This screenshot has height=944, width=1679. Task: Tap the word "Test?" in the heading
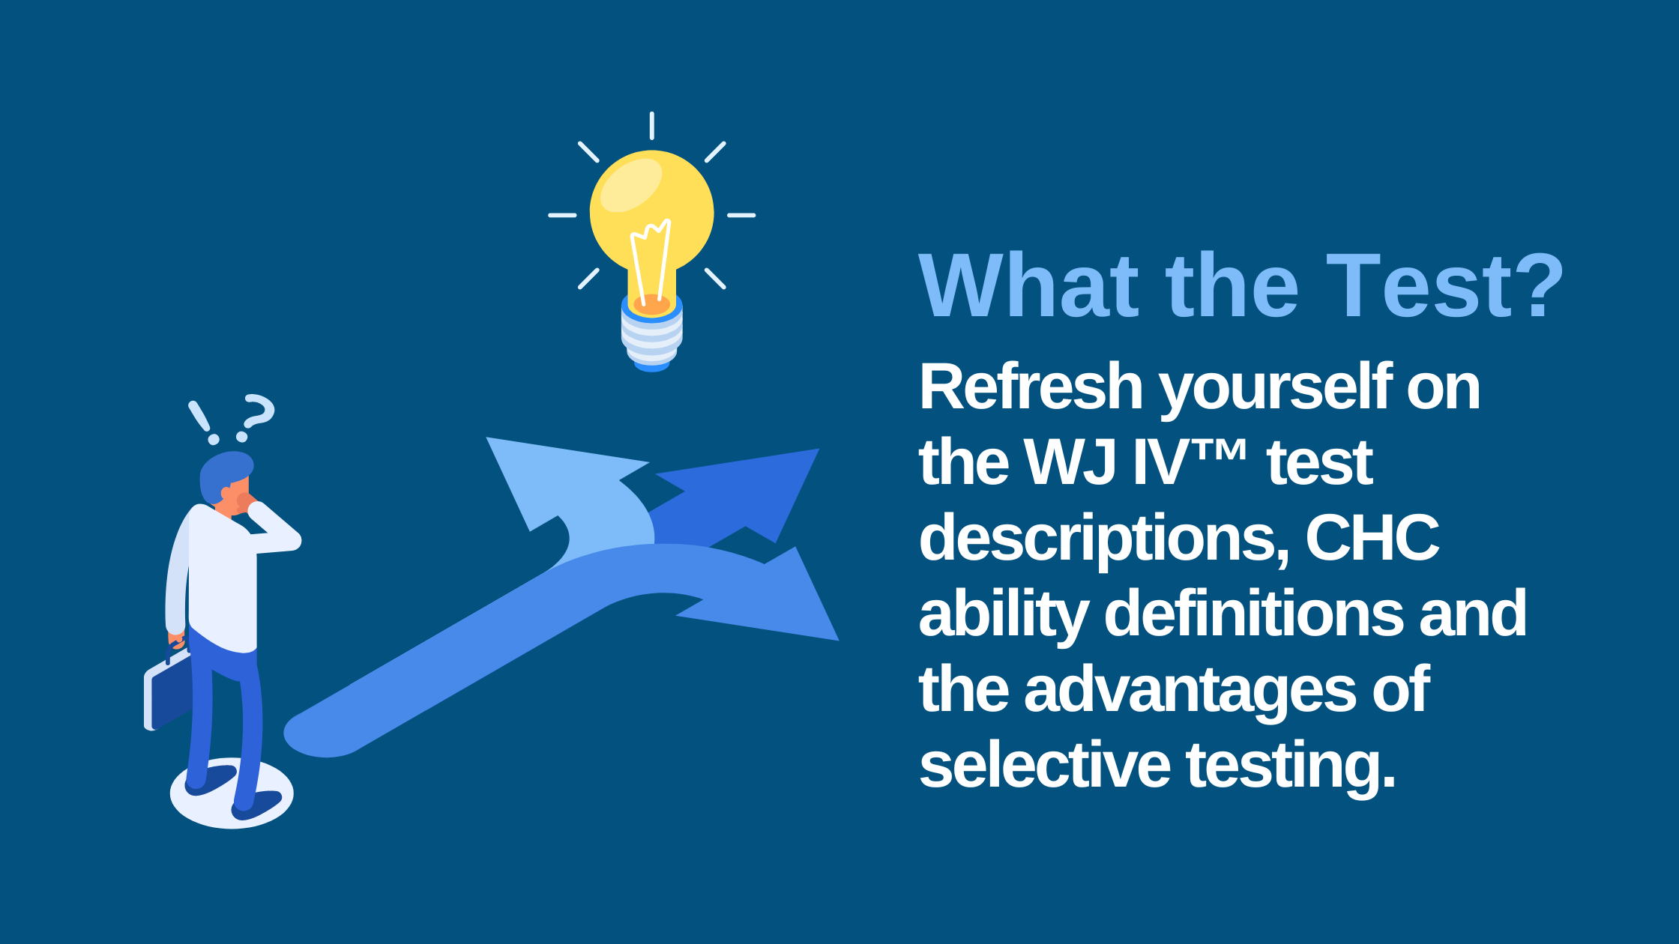coord(1444,286)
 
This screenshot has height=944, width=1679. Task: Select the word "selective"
coord(1044,765)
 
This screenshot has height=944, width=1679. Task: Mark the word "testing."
coord(1291,766)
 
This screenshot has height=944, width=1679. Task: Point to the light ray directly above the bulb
coord(651,126)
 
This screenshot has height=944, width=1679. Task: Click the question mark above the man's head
coord(257,417)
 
